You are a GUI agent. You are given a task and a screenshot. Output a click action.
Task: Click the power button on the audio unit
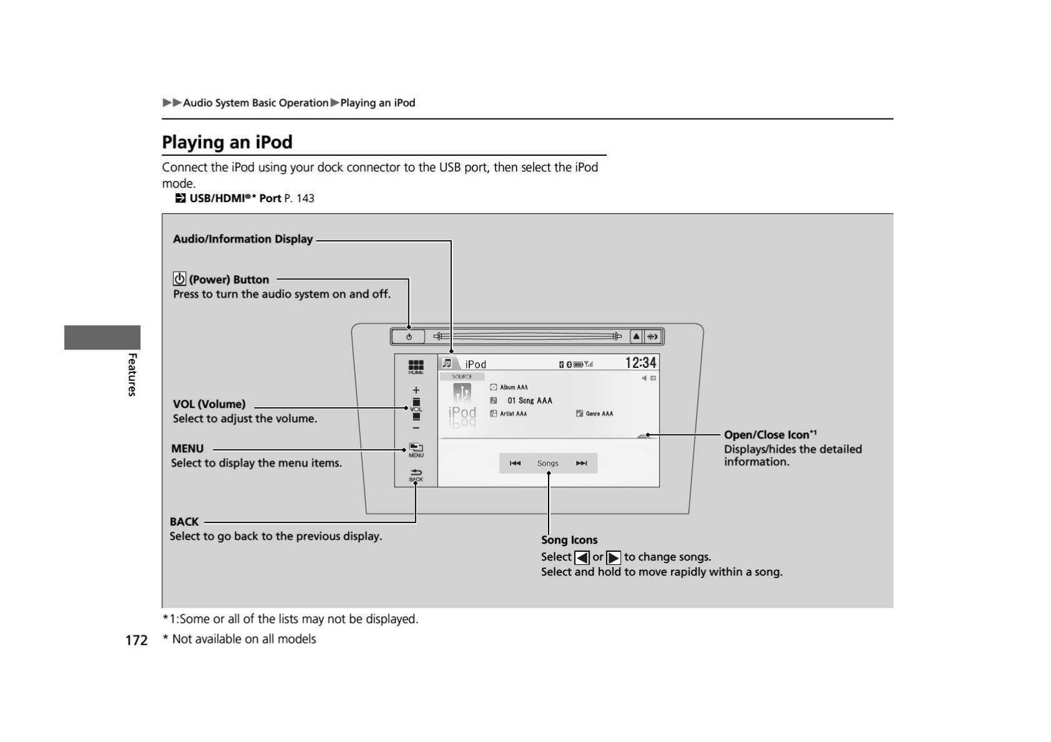coord(409,337)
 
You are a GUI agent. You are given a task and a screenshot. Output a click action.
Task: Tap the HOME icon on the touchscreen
coord(416,367)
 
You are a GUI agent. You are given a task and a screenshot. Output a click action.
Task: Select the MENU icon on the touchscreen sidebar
coord(416,450)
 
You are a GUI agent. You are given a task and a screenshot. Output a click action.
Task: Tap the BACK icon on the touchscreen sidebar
coord(416,475)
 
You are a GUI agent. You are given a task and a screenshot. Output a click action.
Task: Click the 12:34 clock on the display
coord(640,363)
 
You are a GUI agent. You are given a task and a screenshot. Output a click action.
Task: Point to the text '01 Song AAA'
coord(529,401)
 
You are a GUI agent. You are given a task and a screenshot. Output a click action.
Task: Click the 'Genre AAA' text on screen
coord(599,414)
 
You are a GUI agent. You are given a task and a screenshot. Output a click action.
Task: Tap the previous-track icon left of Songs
coord(515,463)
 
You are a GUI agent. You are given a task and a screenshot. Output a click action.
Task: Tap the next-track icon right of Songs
coord(582,463)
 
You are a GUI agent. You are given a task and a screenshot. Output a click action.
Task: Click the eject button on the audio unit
coord(636,337)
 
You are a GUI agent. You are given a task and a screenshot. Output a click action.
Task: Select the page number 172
coord(136,640)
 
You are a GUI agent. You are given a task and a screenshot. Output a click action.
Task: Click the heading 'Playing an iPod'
coord(227,142)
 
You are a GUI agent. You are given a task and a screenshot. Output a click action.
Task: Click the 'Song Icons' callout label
coord(569,540)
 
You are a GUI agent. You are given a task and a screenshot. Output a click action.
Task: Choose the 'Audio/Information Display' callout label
coord(243,239)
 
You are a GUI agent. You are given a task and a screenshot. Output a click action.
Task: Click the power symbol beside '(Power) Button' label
coord(180,279)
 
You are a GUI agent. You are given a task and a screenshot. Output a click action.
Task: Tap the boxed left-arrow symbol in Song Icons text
coord(582,557)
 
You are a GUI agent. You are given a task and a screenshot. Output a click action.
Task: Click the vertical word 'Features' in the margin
coord(132,374)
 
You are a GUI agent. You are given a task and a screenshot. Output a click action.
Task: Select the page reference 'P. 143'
coord(299,198)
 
